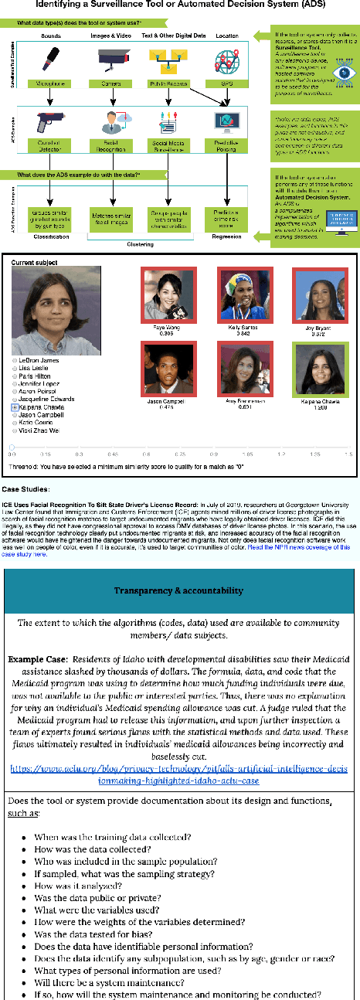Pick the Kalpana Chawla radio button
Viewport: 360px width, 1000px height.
pos(15,406)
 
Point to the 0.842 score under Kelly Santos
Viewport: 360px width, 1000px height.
pos(240,334)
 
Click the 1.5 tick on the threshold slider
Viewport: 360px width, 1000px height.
pos(348,454)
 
